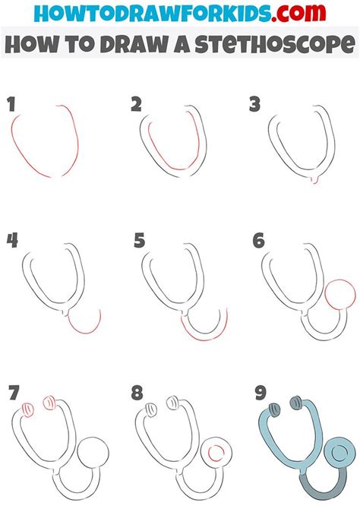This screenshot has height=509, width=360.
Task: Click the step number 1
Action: [11, 105]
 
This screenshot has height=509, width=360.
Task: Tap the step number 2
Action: [136, 104]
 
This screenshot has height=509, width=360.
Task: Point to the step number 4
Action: [12, 241]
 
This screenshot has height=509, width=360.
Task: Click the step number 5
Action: [138, 241]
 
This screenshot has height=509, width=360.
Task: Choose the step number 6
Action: [258, 241]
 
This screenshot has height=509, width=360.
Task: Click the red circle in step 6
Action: [338, 296]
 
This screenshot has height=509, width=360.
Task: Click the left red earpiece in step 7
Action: [27, 409]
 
